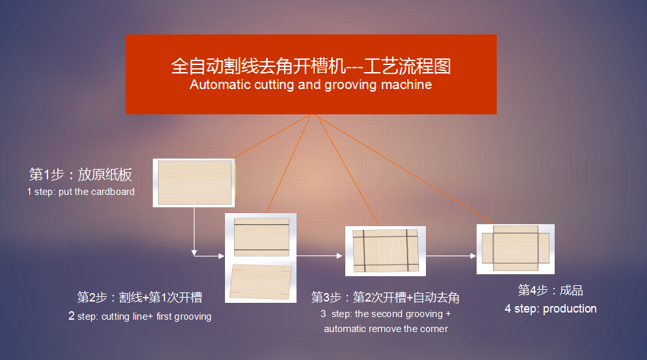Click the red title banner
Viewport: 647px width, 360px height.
click(311, 74)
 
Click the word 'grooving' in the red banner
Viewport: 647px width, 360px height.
click(350, 84)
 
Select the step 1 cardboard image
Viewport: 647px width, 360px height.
click(194, 183)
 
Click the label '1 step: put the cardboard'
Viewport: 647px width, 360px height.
click(81, 192)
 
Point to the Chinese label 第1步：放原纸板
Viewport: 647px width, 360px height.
click(81, 174)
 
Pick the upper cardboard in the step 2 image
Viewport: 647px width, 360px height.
click(261, 238)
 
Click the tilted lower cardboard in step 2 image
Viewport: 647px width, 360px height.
click(261, 281)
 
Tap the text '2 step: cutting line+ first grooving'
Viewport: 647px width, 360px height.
click(139, 316)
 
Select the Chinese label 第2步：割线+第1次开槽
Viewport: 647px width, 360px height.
click(139, 297)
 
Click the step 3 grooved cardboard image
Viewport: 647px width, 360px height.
click(386, 251)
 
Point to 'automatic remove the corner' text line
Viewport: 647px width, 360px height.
click(386, 329)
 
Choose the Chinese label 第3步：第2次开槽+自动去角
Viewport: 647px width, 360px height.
click(385, 298)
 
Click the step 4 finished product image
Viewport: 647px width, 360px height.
click(516, 249)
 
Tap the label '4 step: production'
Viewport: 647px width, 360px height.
click(551, 309)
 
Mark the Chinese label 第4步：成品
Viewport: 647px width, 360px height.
click(551, 290)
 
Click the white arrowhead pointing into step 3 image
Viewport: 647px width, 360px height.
click(339, 255)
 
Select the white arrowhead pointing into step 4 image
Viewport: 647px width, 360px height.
click(473, 255)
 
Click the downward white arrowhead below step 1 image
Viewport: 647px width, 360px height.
click(194, 253)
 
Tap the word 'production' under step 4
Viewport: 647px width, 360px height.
click(570, 309)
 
